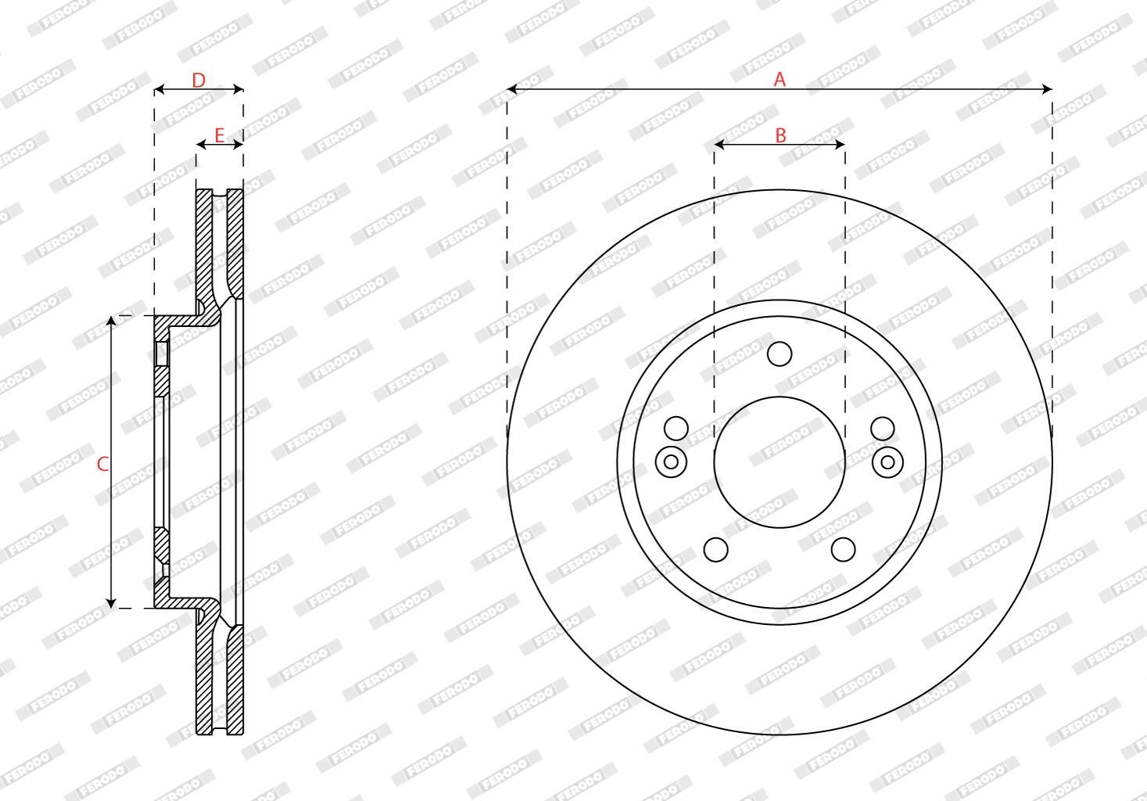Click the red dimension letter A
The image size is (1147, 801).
[x=780, y=79]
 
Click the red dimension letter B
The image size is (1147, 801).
[x=780, y=136]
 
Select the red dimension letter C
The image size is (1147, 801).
[x=102, y=464]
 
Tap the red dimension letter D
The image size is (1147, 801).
[x=199, y=81]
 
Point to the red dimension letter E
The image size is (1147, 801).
[x=219, y=136]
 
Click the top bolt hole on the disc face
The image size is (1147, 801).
[x=780, y=354]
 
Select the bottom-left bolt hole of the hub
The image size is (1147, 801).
[x=716, y=550]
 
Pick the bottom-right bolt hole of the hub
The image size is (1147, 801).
[x=843, y=550]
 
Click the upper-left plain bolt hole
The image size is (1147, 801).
[x=676, y=429]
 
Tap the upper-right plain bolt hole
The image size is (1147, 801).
[x=883, y=429]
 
